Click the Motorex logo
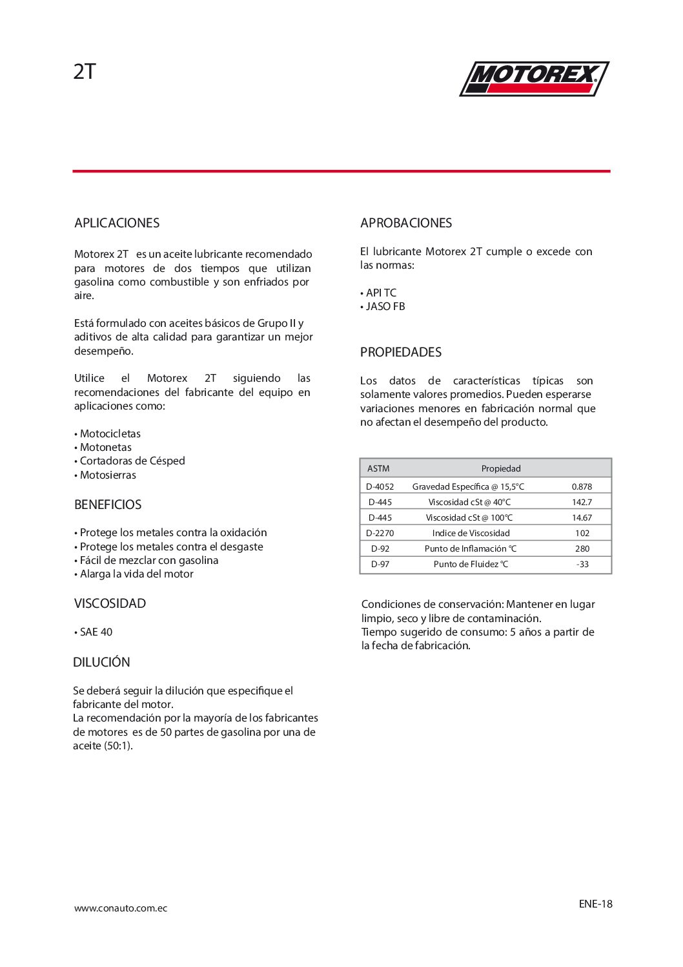point(534,79)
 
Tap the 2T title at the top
point(85,72)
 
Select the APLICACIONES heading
point(117,223)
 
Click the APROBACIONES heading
point(406,223)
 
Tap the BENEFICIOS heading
point(108,504)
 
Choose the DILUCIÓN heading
point(101,662)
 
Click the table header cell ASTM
point(378,468)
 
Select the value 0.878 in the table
point(582,486)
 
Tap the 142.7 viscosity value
point(582,502)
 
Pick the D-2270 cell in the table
point(380,533)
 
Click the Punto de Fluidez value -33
point(582,564)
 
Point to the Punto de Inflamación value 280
point(582,548)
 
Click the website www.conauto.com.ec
point(121,908)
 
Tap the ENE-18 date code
point(595,904)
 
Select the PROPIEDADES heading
point(401,352)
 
